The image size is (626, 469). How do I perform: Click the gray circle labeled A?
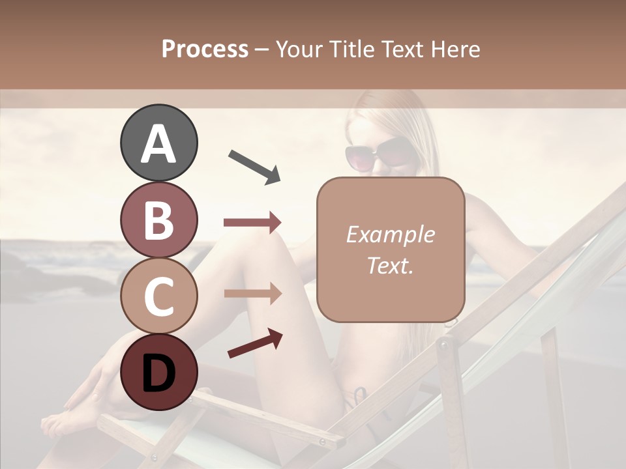tap(158, 143)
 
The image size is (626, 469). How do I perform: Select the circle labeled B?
tap(158, 220)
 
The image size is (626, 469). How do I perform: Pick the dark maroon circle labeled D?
tap(158, 372)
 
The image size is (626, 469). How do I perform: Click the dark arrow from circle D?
tap(255, 344)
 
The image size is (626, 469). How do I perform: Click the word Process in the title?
tap(205, 49)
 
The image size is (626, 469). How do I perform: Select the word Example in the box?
tap(390, 234)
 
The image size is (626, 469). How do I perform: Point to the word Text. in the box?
tap(390, 265)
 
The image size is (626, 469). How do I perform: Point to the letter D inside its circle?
tap(158, 375)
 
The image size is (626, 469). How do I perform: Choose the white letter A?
tap(158, 144)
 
